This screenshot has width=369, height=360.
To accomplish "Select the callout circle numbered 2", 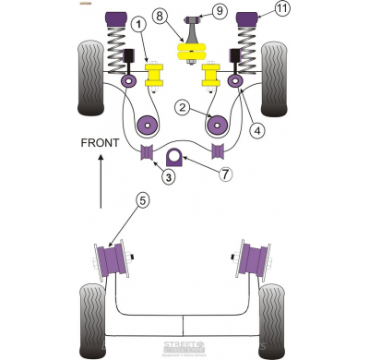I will pyautogui.click(x=184, y=109).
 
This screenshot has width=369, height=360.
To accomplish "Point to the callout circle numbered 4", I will pyautogui.click(x=256, y=130).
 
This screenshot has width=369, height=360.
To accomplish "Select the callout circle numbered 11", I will pyautogui.click(x=280, y=10).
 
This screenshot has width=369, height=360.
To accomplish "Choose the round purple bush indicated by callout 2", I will pyautogui.click(x=218, y=123).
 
